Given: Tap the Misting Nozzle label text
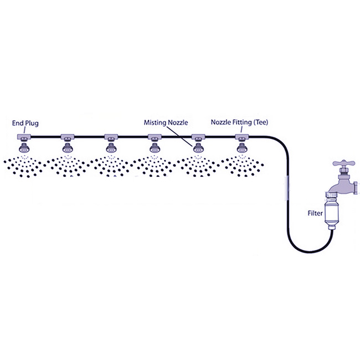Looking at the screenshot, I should tap(164, 122).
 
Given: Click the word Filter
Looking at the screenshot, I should tap(316, 212).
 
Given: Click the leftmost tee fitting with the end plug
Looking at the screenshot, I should tap(24, 137).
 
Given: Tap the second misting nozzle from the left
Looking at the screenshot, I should tap(68, 148).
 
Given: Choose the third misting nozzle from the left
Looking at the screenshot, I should tap(110, 148).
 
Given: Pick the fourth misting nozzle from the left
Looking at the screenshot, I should tap(153, 148).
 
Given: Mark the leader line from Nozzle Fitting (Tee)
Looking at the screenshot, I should tap(240, 130).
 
